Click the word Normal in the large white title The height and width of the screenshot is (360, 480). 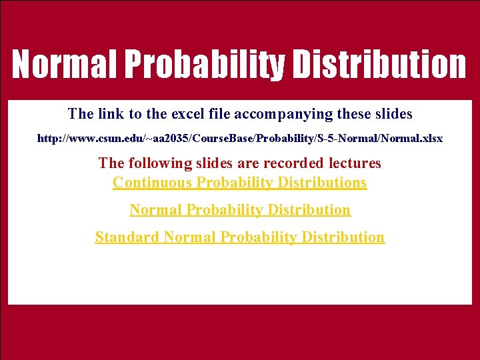pyautogui.click(x=64, y=65)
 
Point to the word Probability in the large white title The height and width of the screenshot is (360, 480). pyautogui.click(x=204, y=65)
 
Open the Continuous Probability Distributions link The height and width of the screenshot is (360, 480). pyautogui.click(x=239, y=183)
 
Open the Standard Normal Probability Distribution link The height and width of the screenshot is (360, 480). pyautogui.click(x=239, y=237)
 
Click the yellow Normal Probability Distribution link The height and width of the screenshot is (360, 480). pyautogui.click(x=239, y=210)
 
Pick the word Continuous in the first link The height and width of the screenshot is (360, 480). pyautogui.click(x=152, y=183)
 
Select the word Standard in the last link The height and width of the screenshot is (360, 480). pyautogui.click(x=127, y=237)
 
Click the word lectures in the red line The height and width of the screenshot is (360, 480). pyautogui.click(x=355, y=163)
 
